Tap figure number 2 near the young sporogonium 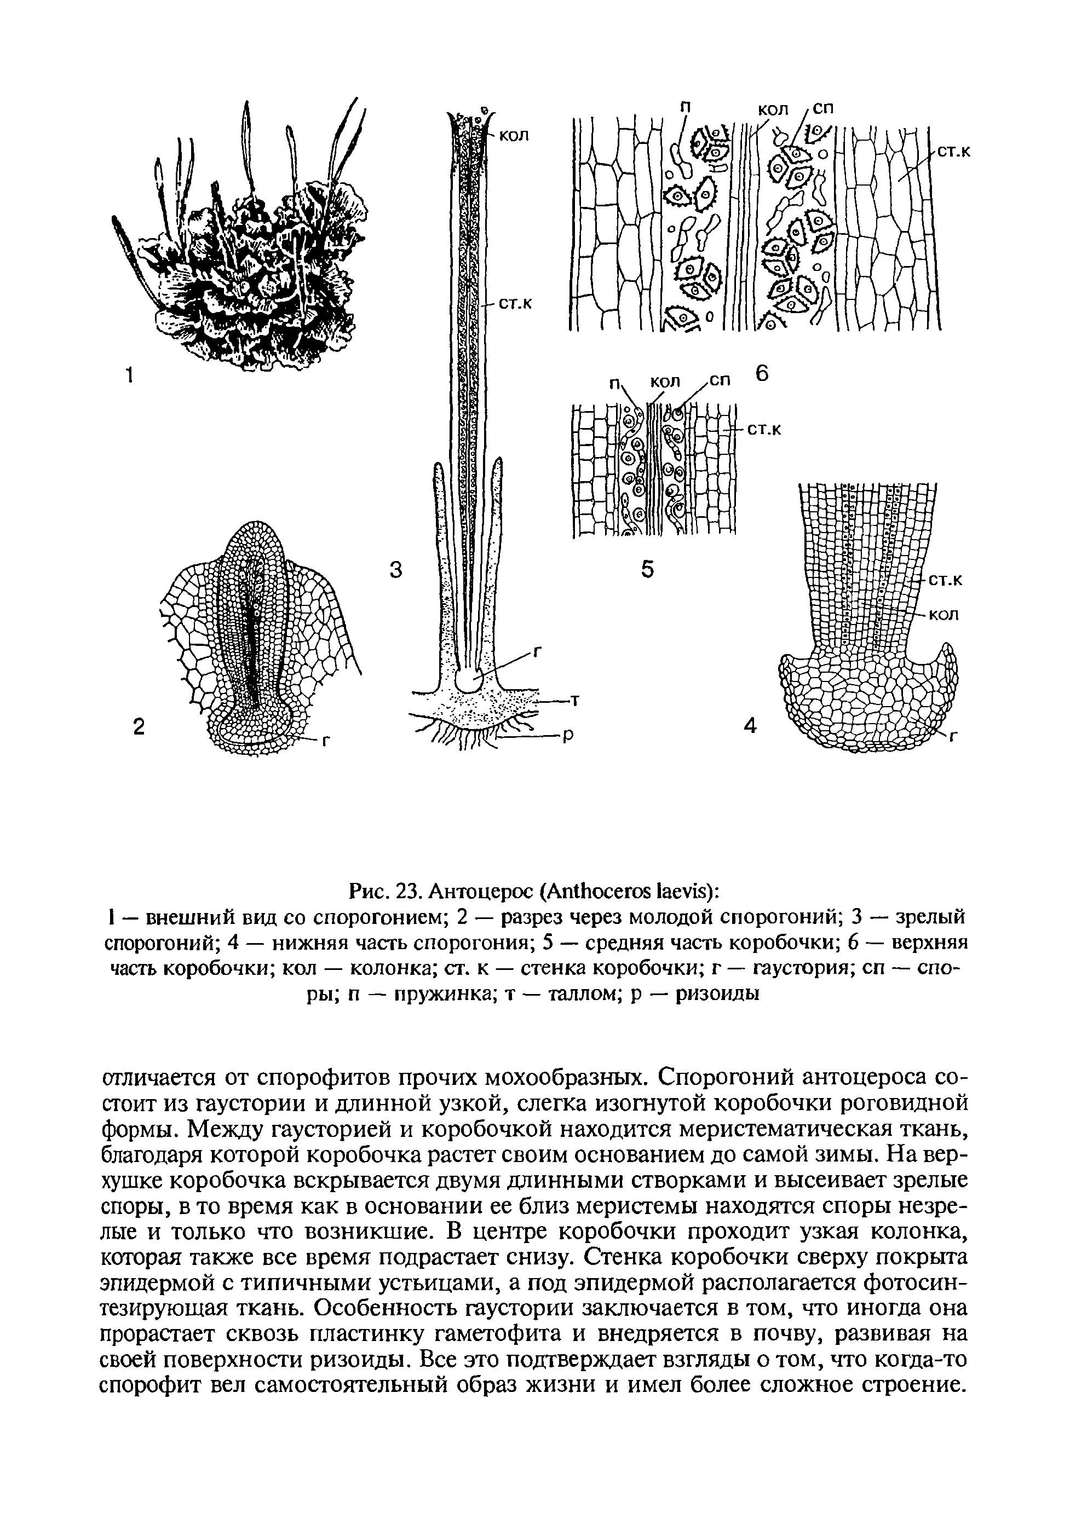coord(138,726)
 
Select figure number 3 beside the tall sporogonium coord(396,570)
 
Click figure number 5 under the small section coord(647,569)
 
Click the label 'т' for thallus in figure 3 coord(574,700)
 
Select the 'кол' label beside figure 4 coord(945,614)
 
